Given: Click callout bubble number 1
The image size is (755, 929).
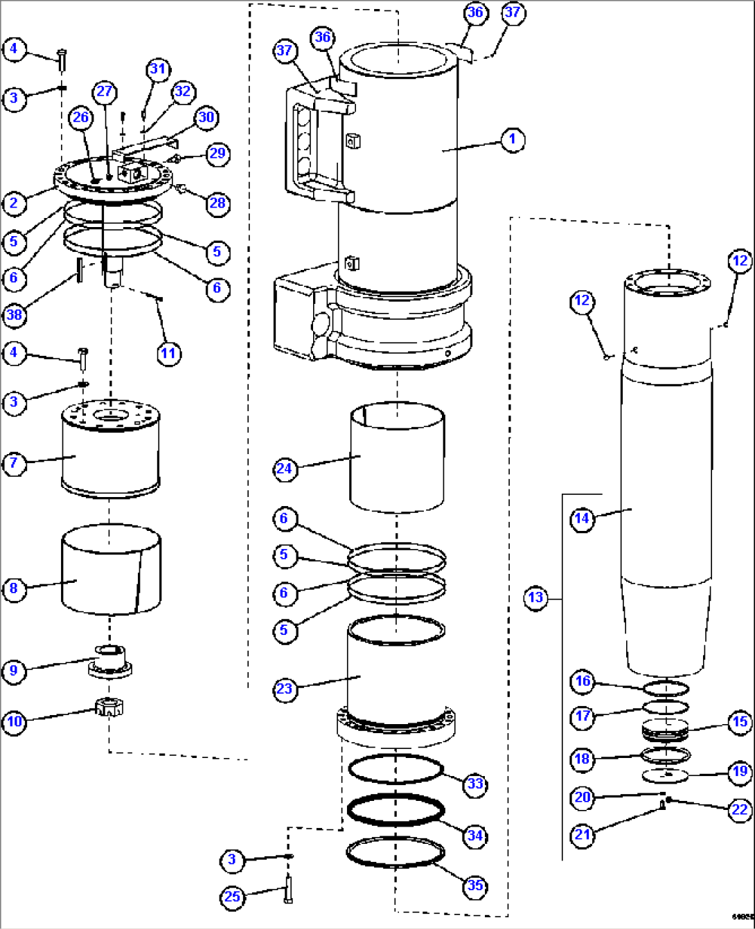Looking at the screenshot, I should (513, 139).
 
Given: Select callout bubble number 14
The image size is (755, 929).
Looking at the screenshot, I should (582, 518).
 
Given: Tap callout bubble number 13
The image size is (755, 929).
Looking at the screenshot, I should (536, 597).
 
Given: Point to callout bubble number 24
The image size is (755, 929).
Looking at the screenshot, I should (285, 469).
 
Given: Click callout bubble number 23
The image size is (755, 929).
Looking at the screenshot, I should (285, 689).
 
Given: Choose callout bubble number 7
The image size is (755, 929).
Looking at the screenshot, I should (14, 462).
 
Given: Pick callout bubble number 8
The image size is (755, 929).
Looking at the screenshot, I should (14, 588).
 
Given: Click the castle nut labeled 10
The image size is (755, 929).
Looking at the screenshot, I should (109, 708).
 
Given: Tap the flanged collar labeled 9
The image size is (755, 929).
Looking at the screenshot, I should (110, 660).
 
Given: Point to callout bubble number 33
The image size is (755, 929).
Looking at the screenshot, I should (475, 784).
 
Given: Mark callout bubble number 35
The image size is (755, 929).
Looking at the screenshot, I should (475, 885).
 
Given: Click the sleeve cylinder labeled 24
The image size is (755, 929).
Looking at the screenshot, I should (396, 457).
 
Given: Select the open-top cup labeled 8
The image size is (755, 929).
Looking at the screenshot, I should (111, 569).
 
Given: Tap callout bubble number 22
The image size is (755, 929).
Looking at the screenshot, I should (740, 809).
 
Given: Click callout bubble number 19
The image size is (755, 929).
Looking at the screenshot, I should (740, 771).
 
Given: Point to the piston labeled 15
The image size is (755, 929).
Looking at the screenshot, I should (665, 731).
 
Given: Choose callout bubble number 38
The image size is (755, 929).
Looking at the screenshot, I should (14, 315).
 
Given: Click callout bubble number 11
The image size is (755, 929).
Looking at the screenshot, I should (168, 353).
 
